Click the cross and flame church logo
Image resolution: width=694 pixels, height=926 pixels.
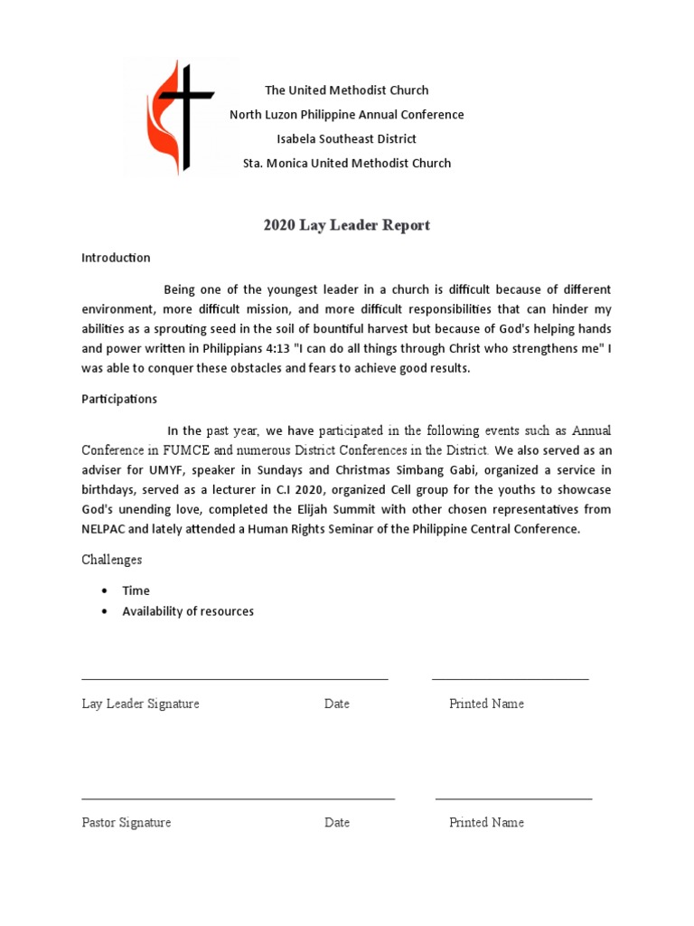tap(181, 116)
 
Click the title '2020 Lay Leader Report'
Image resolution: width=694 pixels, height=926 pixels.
tap(346, 225)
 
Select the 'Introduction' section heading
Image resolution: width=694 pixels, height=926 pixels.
tap(116, 258)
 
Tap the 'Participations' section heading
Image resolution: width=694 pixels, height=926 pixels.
tap(119, 399)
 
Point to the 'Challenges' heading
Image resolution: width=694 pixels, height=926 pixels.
tap(111, 560)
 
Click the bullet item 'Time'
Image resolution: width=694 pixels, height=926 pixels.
tap(136, 591)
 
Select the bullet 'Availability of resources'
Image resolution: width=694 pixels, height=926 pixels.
tap(188, 611)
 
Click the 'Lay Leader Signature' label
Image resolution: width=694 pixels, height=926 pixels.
tap(140, 704)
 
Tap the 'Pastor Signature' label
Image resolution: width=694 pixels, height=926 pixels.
tap(126, 823)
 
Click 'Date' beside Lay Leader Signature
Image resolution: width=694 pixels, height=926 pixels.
tap(336, 704)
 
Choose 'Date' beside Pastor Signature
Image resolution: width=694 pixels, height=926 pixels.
tap(336, 823)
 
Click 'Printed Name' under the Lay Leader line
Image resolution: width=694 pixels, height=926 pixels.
tap(486, 704)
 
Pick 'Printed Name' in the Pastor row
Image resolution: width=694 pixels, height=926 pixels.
tap(486, 823)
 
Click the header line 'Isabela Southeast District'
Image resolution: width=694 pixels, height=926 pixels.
tap(346, 139)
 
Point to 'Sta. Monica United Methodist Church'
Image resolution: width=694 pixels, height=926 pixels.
tap(346, 164)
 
